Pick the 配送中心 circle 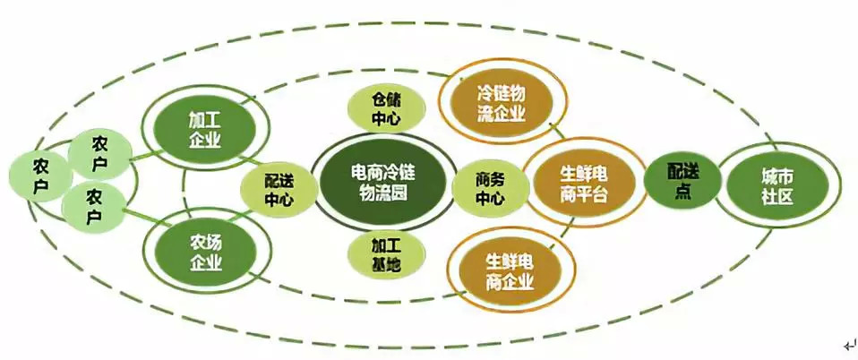pos(278,190)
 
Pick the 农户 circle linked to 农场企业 pos(93,206)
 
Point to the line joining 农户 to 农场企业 pos(143,224)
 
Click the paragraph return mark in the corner pos(848,345)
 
